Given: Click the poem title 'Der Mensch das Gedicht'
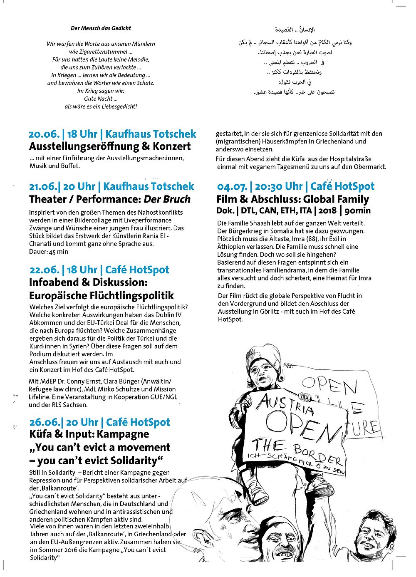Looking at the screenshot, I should click(x=101, y=28).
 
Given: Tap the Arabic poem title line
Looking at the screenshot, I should click(x=295, y=30).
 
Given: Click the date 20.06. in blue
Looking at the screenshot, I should click(x=44, y=134).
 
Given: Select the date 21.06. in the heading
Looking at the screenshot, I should click(x=44, y=187).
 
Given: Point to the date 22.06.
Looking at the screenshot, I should click(x=44, y=270).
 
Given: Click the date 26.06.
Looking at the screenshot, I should click(x=45, y=423).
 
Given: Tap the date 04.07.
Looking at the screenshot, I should click(x=232, y=187).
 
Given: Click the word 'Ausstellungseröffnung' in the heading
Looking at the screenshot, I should click(x=84, y=147).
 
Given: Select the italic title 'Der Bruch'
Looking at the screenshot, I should click(x=167, y=199).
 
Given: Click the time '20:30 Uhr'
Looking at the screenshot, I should click(x=279, y=187).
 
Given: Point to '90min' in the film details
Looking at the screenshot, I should click(x=357, y=211).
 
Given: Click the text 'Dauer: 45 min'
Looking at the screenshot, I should click(x=49, y=252).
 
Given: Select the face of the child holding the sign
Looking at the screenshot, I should click(x=264, y=370).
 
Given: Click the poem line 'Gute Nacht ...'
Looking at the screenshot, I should click(x=101, y=99).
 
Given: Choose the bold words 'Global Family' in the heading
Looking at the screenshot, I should click(x=336, y=200).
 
